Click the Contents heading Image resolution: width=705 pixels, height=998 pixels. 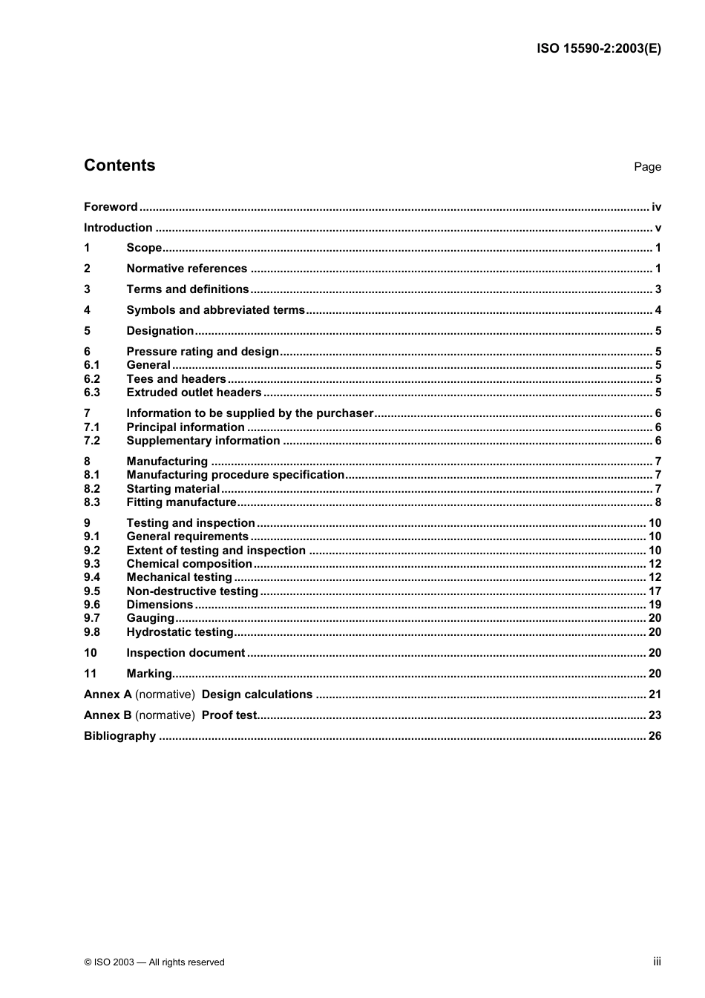coord(119,165)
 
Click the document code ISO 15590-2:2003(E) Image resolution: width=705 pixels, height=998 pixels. coord(598,49)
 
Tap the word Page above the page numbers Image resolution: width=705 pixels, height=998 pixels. coord(647,167)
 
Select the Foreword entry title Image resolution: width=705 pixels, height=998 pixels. coord(111,207)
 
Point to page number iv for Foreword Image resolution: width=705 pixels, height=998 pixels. coord(656,207)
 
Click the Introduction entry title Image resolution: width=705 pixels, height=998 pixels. coord(118,228)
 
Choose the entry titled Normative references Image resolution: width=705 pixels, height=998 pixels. coord(186,269)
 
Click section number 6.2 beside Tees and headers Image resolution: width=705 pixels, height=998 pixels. coord(91,379)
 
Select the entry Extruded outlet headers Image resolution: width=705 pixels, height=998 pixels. coord(194,393)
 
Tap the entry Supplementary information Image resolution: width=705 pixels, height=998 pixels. coord(203,441)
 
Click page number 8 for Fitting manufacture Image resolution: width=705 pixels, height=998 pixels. coord(658,502)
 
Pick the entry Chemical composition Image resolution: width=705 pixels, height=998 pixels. coord(188,564)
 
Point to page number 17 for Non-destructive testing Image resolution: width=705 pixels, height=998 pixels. coord(655,591)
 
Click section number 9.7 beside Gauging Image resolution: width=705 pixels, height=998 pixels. coord(91,618)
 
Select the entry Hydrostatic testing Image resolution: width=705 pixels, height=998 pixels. coord(180,632)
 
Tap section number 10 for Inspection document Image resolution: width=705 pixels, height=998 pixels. coord(91,653)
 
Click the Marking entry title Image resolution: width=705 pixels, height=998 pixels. coord(149,674)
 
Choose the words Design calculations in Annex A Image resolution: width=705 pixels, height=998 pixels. coord(257,695)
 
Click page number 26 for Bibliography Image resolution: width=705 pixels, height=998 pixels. coord(655,736)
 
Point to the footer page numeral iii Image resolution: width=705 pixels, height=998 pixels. coord(657,961)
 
